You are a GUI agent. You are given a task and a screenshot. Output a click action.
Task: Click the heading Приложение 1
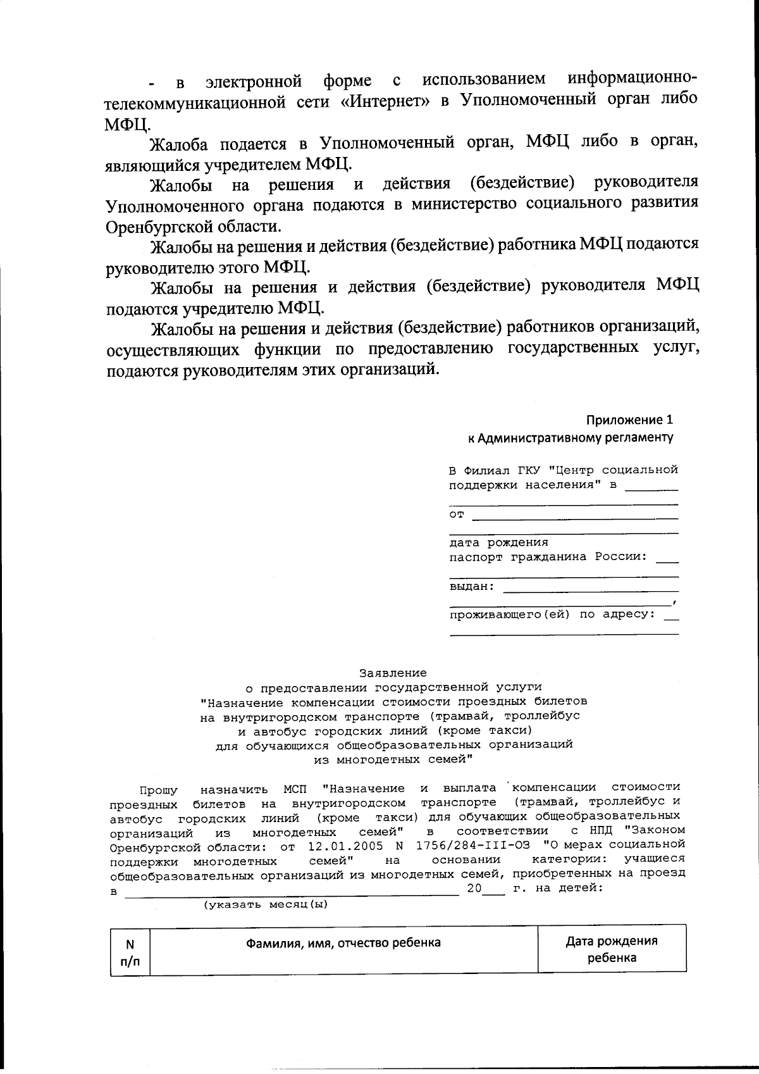click(x=629, y=420)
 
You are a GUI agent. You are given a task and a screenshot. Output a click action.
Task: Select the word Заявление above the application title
click(x=393, y=673)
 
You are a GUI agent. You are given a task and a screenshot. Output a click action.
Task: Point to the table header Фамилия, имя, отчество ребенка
click(x=343, y=942)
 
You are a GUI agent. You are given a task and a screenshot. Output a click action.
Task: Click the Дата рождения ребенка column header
click(x=611, y=949)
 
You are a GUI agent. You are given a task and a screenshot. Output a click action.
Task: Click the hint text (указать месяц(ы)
click(x=266, y=904)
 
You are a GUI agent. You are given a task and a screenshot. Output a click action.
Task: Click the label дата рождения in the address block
click(x=498, y=542)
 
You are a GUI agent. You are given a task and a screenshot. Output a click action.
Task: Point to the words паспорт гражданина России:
click(x=548, y=557)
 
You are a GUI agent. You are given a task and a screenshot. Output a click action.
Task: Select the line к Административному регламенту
click(x=570, y=437)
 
